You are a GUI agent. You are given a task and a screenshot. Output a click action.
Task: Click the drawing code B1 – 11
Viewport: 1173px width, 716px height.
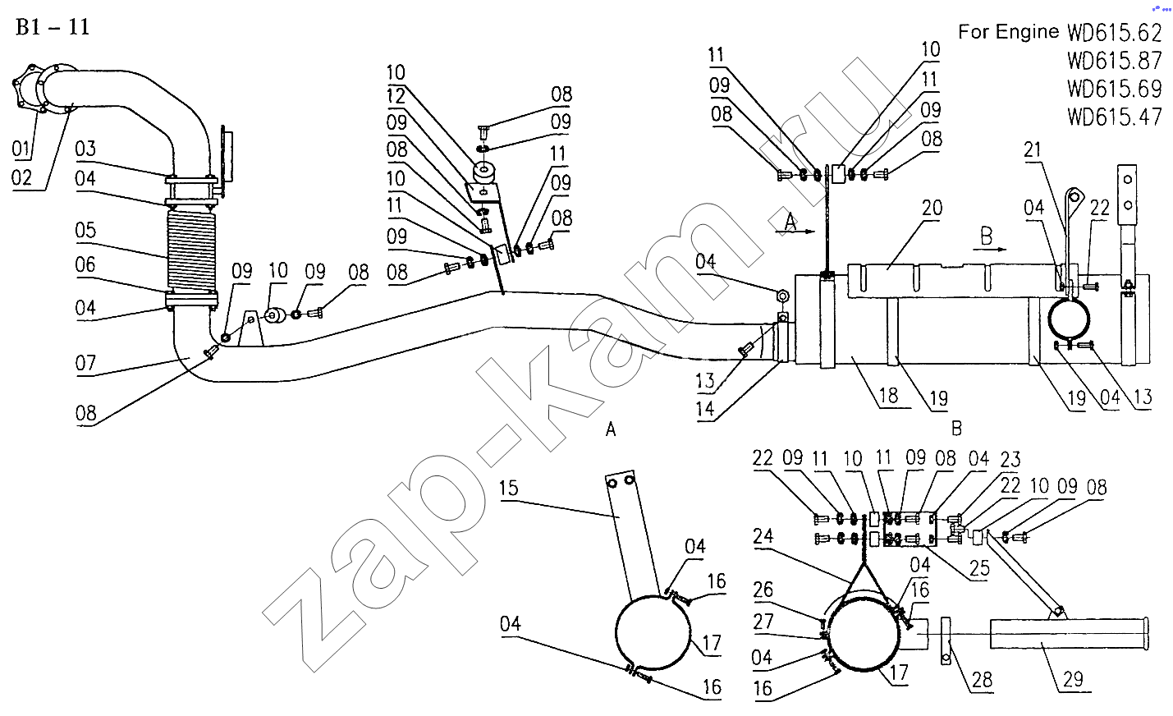[52, 27]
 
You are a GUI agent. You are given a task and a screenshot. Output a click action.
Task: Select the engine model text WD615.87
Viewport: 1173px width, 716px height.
[1115, 61]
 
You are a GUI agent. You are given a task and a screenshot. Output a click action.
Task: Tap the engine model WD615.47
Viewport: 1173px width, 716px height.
[1115, 117]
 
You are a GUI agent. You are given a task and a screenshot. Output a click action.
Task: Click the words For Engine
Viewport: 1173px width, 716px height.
[1009, 32]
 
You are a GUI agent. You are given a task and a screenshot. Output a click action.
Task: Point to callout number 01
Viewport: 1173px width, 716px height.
[22, 149]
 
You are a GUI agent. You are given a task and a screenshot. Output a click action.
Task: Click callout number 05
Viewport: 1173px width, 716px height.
[85, 230]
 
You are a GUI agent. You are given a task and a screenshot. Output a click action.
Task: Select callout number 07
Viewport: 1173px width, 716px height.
[85, 362]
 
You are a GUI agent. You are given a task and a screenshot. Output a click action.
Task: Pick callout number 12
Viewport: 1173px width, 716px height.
[396, 95]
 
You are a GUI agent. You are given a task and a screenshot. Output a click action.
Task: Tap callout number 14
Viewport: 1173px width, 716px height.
[705, 408]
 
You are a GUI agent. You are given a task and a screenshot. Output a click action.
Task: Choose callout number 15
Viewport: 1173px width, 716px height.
[509, 488]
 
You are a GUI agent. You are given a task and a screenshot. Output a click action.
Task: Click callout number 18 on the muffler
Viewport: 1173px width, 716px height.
[888, 396]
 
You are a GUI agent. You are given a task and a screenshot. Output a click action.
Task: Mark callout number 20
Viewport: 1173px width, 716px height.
[932, 209]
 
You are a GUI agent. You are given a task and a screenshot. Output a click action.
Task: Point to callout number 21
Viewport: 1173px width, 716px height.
[1032, 149]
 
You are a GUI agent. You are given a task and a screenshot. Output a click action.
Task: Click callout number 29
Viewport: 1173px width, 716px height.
[1073, 678]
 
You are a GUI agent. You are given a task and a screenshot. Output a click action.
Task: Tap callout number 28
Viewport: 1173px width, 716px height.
[982, 679]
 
